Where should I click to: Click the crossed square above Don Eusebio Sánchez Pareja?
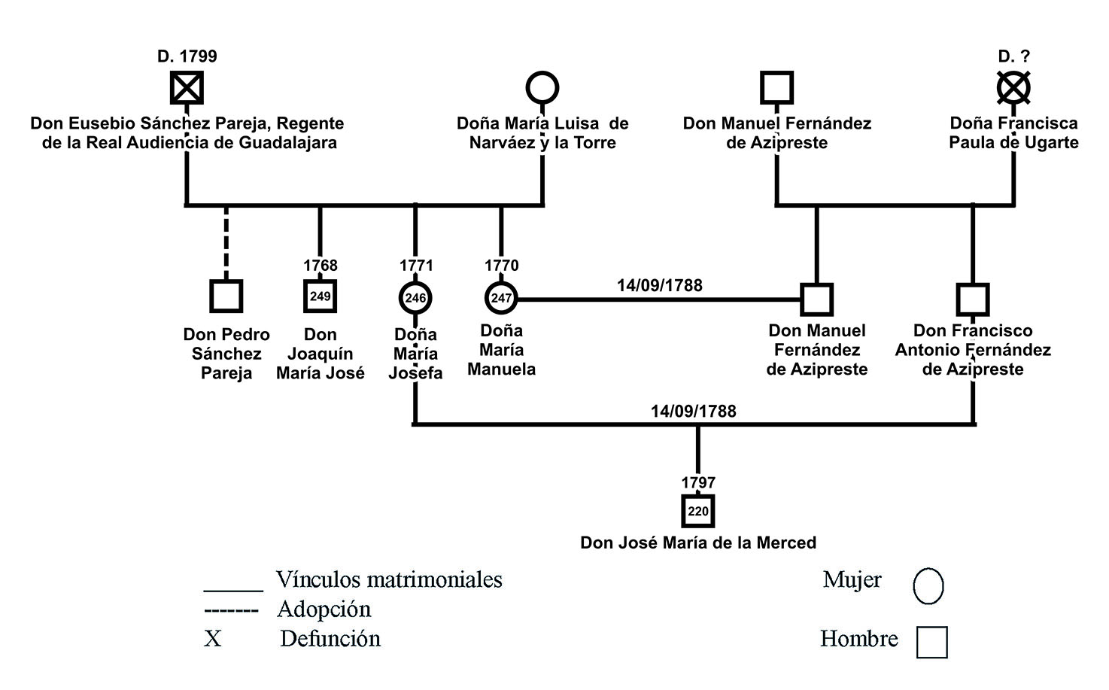click(x=186, y=88)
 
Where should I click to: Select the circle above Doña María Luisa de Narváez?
click(x=542, y=88)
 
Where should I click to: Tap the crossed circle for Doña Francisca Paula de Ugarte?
click(x=1013, y=88)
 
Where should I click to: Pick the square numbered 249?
click(x=320, y=296)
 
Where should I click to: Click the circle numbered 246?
click(x=415, y=298)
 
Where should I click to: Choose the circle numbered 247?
click(x=501, y=298)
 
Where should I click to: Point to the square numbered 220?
click(x=698, y=512)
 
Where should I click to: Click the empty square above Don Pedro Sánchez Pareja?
click(x=226, y=296)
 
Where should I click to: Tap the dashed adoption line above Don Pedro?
click(x=226, y=241)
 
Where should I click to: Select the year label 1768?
click(x=321, y=266)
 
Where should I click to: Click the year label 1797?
click(x=698, y=482)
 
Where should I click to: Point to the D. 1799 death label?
click(x=187, y=56)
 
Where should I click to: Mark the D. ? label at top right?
click(x=1013, y=56)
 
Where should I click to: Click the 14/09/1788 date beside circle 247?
click(x=659, y=286)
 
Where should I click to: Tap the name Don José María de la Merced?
click(x=698, y=543)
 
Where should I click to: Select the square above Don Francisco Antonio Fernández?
click(x=973, y=299)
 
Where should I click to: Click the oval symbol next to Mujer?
click(x=928, y=585)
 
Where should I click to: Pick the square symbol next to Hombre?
click(x=931, y=643)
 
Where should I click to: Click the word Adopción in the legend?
click(x=324, y=609)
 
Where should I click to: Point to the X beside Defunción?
click(x=213, y=639)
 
